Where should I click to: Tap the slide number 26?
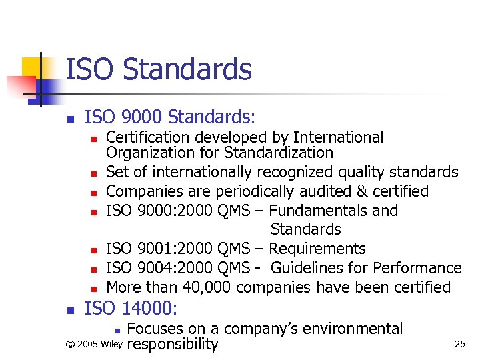click(459, 344)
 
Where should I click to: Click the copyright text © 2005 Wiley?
click(94, 345)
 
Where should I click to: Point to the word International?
click(338, 137)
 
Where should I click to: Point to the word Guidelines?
click(311, 268)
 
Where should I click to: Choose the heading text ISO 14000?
click(131, 308)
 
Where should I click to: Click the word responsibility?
click(172, 344)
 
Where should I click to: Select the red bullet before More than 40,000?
click(94, 289)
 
